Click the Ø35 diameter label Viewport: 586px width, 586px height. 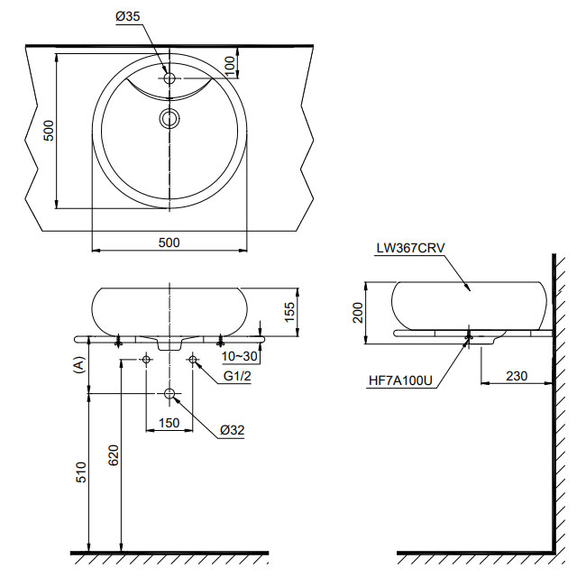128,16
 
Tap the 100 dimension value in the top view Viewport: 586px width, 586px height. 230,66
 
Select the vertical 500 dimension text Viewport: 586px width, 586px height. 49,131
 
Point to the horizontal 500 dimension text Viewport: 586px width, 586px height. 169,243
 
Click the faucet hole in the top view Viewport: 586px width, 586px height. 169,78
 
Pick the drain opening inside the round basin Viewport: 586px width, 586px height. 170,118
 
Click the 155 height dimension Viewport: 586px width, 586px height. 289,312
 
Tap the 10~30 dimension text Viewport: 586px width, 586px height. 240,356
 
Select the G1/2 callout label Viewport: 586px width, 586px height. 237,376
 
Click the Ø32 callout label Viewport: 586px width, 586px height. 232,430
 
